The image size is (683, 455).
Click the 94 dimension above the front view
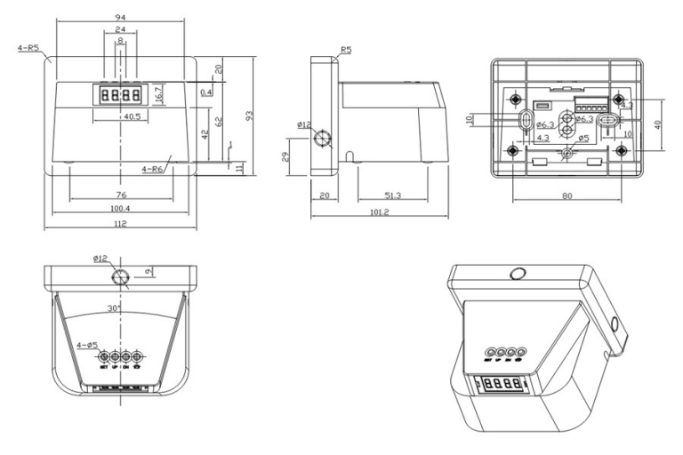[119, 16]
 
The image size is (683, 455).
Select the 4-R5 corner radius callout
[28, 48]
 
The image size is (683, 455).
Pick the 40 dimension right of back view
[659, 125]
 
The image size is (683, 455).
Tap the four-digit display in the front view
[119, 94]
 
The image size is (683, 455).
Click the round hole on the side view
[325, 140]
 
